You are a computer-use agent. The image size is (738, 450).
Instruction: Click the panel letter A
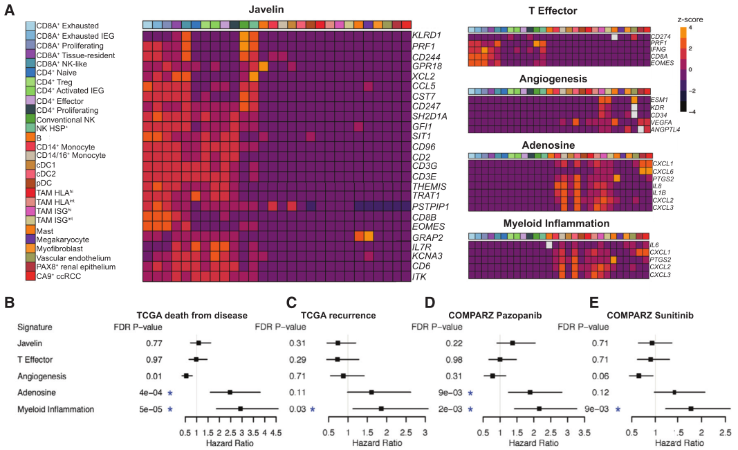pyautogui.click(x=10, y=12)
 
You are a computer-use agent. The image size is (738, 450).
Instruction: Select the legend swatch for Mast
pyautogui.click(x=30, y=228)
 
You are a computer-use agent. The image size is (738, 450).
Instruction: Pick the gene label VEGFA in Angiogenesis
pyautogui.click(x=662, y=122)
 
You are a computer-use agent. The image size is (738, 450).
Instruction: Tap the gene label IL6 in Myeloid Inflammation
pyautogui.click(x=654, y=244)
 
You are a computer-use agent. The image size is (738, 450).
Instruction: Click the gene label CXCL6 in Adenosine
pyautogui.click(x=663, y=171)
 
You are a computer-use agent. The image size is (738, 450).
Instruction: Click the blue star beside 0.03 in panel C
pyautogui.click(x=312, y=409)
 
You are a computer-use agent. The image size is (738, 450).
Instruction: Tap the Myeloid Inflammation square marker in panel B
pyautogui.click(x=240, y=409)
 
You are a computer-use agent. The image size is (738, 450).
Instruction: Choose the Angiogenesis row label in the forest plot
pyautogui.click(x=41, y=376)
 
